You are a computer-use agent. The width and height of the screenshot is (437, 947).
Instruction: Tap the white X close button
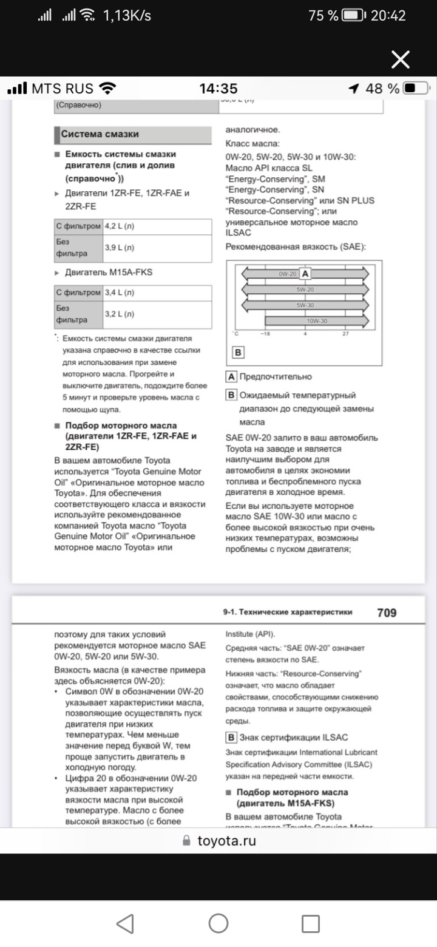pos(401,59)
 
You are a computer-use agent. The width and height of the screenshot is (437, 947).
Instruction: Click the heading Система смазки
pos(100,134)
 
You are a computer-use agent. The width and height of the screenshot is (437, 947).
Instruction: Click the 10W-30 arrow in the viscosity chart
pos(316,321)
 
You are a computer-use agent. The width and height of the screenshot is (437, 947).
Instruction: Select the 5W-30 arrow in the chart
pos(305,305)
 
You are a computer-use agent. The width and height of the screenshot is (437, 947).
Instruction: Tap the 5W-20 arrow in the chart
pos(305,290)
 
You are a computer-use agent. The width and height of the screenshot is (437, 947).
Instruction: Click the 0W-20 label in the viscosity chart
pos(287,274)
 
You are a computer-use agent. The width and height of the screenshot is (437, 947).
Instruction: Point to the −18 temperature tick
pos(265,333)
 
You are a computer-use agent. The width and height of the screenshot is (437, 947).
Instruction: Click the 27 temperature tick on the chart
pos(345,333)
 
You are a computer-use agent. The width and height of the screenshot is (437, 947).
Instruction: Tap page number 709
pos(387,613)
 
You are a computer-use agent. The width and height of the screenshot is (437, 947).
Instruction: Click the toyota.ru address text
pos(226,841)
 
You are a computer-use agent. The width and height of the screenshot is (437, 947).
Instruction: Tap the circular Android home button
pos(218,923)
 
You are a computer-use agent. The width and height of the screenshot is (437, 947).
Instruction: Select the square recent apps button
pos(310,923)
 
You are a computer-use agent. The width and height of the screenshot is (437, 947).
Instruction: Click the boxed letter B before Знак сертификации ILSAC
pos(231,738)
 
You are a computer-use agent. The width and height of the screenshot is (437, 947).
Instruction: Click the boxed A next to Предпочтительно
pos(231,376)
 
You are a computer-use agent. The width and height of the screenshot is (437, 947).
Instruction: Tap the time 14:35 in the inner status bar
pos(218,89)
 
